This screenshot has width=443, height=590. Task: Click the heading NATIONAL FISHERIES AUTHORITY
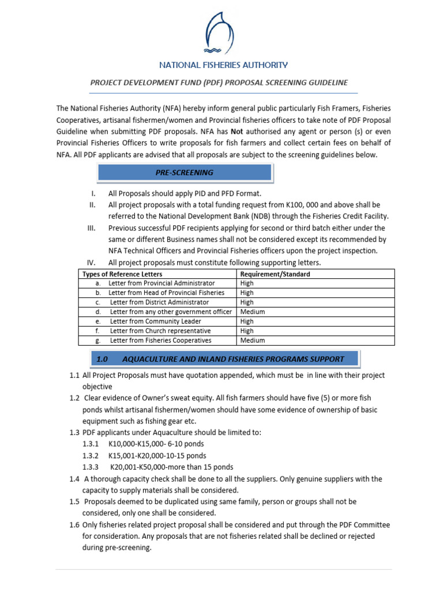pyautogui.click(x=223, y=65)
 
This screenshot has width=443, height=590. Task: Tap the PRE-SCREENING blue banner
pyautogui.click(x=185, y=172)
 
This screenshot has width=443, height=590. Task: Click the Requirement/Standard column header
pyautogui.click(x=275, y=274)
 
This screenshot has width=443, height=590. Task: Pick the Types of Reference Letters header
pyautogui.click(x=122, y=274)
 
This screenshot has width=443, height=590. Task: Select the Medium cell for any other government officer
pyautogui.click(x=253, y=312)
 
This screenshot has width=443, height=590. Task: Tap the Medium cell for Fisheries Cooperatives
pyautogui.click(x=253, y=341)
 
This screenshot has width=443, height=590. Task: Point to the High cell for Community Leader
pyautogui.click(x=247, y=322)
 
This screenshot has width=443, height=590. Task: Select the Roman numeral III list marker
pyautogui.click(x=91, y=228)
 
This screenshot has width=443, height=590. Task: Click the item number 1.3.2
pyautogui.click(x=91, y=455)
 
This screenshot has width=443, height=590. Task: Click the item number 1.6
pyautogui.click(x=74, y=525)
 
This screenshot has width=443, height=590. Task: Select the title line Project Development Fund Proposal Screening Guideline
pyautogui.click(x=219, y=83)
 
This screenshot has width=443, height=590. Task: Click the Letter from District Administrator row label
pyautogui.click(x=159, y=302)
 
